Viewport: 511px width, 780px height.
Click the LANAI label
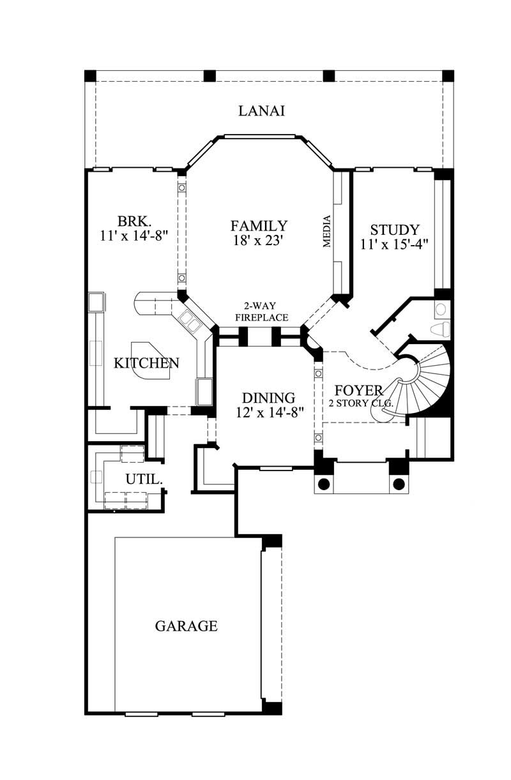pos(261,111)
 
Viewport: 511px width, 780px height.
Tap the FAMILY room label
pos(259,225)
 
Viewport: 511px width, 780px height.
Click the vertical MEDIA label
pos(327,232)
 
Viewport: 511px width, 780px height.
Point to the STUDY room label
pos(395,230)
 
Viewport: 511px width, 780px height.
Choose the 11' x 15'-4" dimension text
pos(395,243)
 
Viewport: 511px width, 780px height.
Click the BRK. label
pos(134,221)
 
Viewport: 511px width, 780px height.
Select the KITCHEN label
pos(146,363)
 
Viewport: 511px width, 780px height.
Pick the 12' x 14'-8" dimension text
pos(268,412)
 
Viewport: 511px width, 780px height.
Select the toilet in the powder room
pos(440,329)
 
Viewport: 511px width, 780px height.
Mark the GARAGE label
pos(186,626)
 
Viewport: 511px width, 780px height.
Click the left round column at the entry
pos(324,483)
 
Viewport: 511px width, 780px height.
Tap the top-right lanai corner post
pos(448,75)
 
